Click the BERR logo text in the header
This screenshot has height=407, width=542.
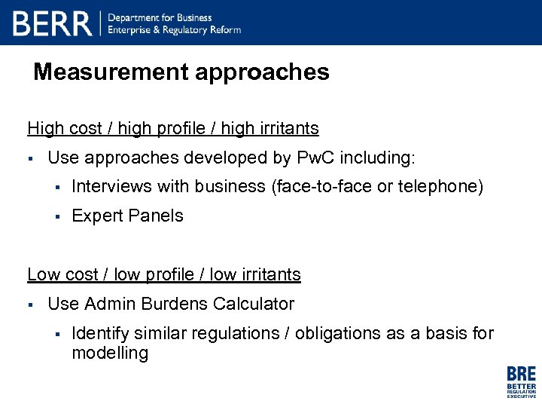pyautogui.click(x=52, y=23)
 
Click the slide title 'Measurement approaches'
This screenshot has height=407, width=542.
pyautogui.click(x=181, y=72)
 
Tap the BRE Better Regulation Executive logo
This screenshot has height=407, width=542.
pyautogui.click(x=521, y=381)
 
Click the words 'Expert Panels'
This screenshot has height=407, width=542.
pyautogui.click(x=127, y=216)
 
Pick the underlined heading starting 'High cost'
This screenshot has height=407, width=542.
pyautogui.click(x=173, y=128)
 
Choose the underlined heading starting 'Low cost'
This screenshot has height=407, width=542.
pyautogui.click(x=164, y=274)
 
